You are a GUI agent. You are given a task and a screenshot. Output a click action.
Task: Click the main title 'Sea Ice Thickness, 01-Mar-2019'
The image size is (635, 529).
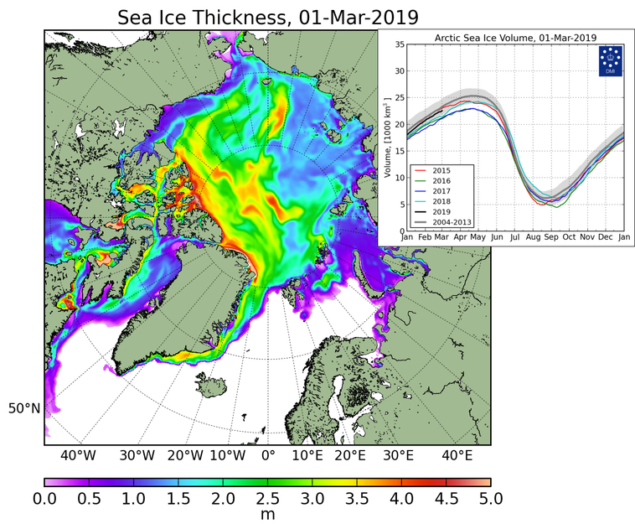coord(268,17)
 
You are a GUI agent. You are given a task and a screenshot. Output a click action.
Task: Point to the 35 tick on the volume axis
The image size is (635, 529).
coord(400,45)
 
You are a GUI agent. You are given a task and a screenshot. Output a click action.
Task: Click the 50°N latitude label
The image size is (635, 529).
coord(24,409)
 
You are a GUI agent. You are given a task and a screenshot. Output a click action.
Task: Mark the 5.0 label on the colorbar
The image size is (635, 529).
coord(490,500)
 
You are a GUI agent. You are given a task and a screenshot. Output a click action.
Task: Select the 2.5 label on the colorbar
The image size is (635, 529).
coord(267,500)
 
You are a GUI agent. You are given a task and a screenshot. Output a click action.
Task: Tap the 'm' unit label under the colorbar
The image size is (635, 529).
coord(267,516)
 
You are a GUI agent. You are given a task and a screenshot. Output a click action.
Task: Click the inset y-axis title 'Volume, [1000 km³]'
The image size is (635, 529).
coord(388,138)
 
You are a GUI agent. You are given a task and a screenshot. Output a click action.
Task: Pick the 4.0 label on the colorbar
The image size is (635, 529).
coord(401,500)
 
